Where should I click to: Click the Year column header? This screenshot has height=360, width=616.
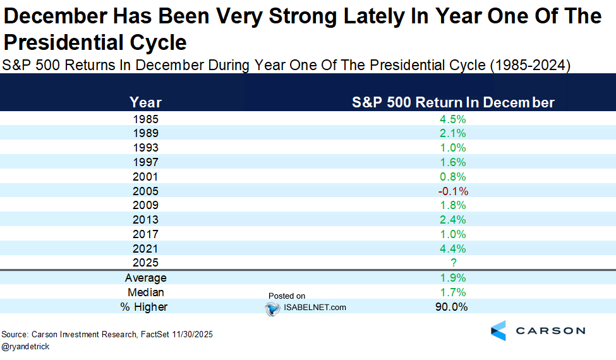[145, 102]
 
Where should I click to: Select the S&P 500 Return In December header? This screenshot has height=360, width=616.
[453, 102]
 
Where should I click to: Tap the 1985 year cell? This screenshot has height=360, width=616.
[145, 119]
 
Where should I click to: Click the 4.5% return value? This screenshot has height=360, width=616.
[453, 119]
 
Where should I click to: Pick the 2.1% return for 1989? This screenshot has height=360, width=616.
[453, 133]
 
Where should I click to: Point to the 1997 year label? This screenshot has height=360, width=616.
[145, 162]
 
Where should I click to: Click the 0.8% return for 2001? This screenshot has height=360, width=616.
[453, 177]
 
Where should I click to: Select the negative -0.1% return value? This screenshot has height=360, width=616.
[452, 191]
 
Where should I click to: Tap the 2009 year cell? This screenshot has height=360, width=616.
[145, 205]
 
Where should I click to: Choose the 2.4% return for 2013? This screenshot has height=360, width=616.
[453, 220]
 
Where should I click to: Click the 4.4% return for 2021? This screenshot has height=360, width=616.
[453, 249]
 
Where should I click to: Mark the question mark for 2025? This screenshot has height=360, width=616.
[454, 263]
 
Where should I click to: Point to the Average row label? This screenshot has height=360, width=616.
[145, 278]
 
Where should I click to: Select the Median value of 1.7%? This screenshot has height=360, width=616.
[453, 292]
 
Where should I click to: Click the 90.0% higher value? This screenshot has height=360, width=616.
[451, 307]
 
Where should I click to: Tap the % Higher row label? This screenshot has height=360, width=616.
[145, 307]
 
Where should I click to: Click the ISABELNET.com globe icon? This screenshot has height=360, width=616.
[272, 308]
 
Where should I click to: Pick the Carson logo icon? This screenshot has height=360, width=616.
[498, 330]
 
